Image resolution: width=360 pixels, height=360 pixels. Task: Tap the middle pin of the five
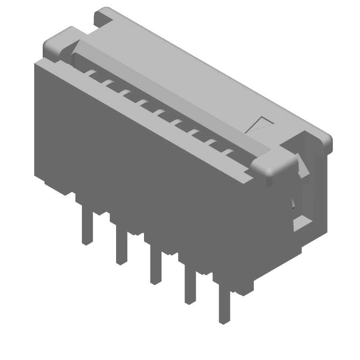click(156, 268)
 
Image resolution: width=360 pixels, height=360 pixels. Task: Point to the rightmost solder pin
click(224, 306)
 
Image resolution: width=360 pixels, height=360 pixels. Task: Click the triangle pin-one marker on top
click(260, 125)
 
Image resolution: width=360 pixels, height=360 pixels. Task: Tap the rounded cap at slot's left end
click(59, 44)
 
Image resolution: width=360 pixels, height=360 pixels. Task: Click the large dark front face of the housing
click(148, 180)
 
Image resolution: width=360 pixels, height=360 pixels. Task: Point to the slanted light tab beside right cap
click(303, 166)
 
